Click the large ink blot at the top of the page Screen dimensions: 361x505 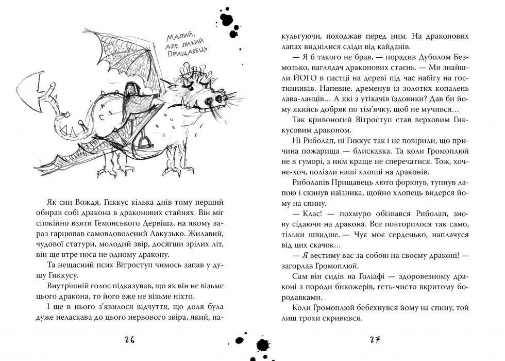click(x=227, y=19)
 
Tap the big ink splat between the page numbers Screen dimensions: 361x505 click(x=263, y=344)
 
